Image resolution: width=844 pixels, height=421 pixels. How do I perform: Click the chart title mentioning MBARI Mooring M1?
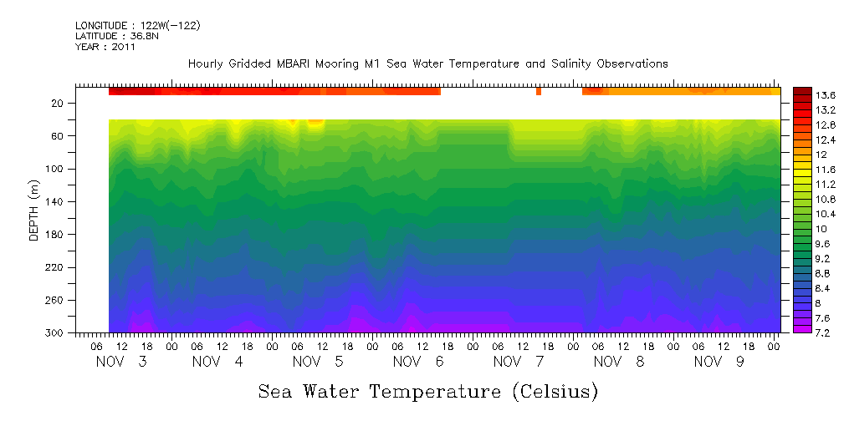[427, 63]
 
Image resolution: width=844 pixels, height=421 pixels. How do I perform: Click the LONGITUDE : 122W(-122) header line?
[138, 26]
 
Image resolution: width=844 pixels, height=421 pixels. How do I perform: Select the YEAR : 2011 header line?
[105, 47]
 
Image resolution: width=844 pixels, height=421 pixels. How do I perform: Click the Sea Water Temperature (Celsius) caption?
[428, 390]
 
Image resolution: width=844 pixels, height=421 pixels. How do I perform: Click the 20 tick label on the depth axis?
[59, 104]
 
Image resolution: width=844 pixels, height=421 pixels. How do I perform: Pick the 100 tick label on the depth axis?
[56, 169]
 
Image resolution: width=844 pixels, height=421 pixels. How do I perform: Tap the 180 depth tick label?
[56, 234]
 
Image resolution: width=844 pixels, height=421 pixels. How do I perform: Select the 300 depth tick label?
[56, 332]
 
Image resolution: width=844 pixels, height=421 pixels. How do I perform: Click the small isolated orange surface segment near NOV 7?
[539, 91]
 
